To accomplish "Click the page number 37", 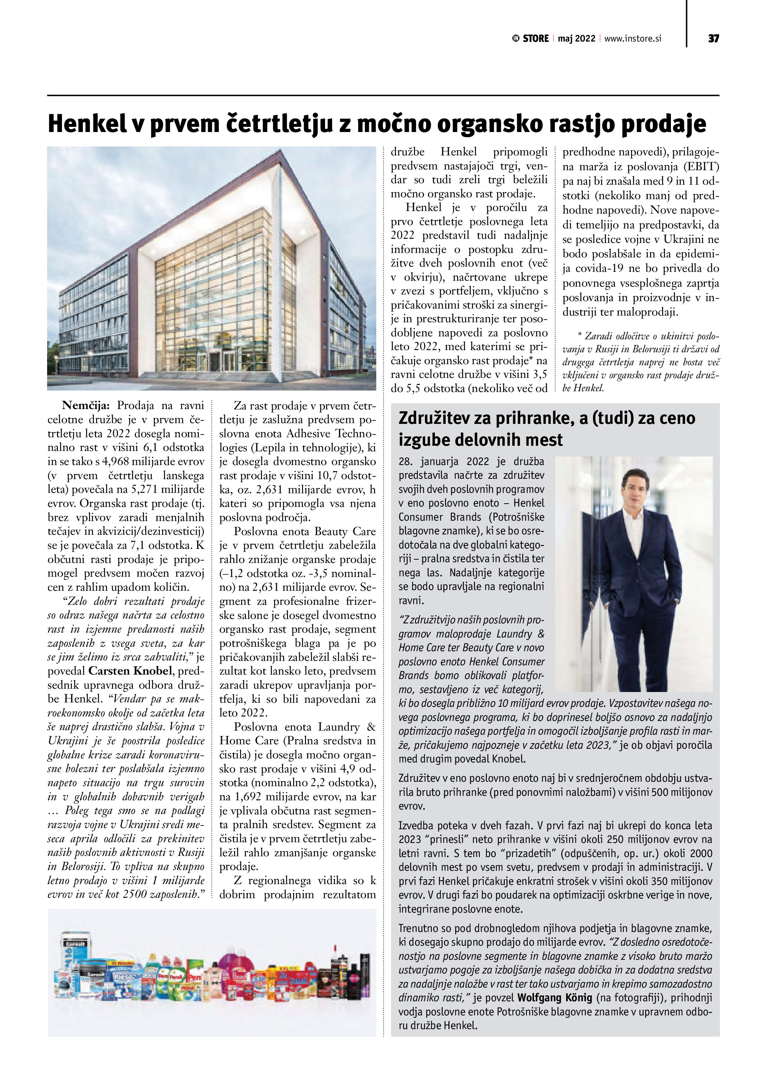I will coord(713,39).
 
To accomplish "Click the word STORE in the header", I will coord(535,39).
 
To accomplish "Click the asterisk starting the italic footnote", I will coord(580,336).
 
